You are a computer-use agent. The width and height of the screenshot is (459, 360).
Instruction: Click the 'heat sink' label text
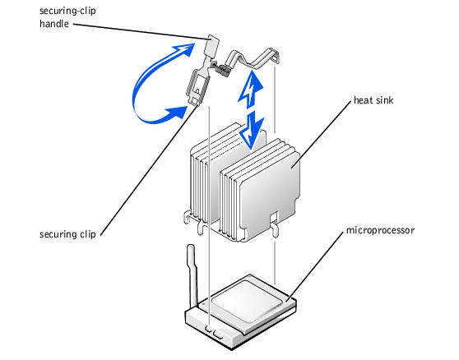click(373, 100)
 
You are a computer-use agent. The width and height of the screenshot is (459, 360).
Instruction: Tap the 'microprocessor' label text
click(380, 230)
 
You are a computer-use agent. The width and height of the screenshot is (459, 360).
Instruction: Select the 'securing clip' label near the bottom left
click(67, 234)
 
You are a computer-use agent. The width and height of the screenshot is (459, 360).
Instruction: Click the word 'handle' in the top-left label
click(54, 24)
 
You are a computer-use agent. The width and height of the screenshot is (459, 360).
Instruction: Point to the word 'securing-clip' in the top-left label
click(67, 12)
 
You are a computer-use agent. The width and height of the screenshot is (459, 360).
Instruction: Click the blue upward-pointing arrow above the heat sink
click(250, 90)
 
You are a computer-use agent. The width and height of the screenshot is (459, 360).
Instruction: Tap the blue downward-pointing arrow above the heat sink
click(252, 131)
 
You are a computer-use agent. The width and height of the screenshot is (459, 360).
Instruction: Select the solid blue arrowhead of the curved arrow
click(176, 113)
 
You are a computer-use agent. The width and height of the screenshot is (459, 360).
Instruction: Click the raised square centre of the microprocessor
click(247, 298)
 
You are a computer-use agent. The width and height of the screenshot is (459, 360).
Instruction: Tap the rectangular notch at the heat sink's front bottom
click(274, 217)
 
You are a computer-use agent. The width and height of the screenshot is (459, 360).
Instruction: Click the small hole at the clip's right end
click(274, 59)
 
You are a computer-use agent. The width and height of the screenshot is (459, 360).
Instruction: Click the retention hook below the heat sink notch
click(275, 230)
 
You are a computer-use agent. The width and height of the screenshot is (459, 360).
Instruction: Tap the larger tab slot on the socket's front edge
click(218, 334)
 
